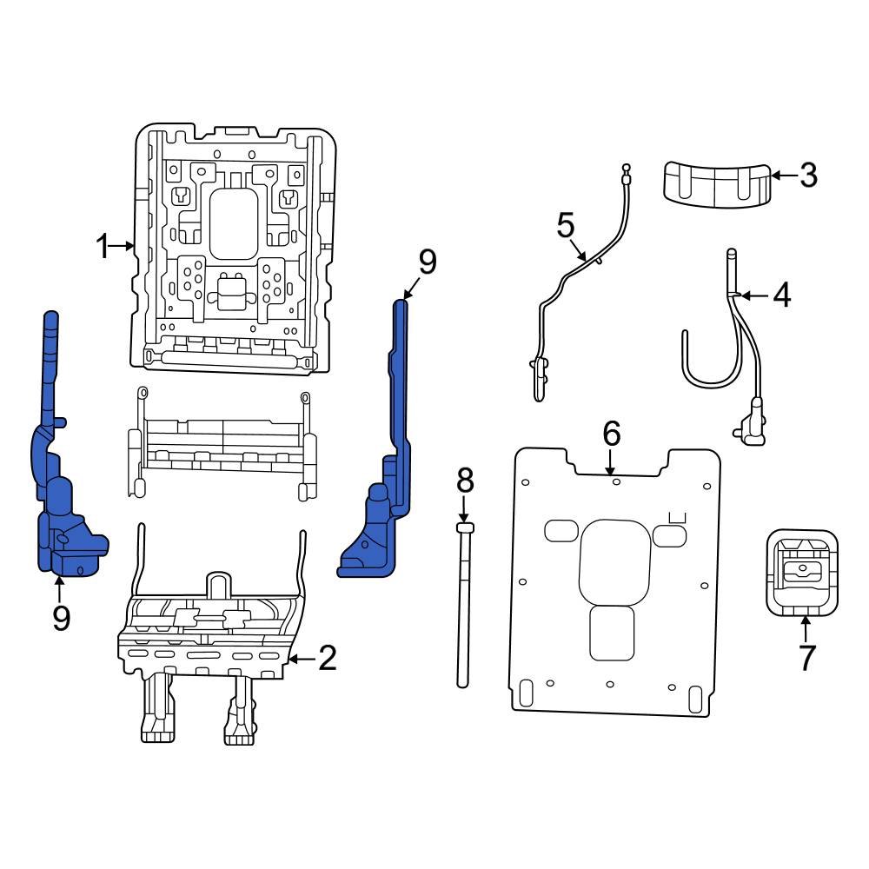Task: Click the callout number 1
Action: [103, 248]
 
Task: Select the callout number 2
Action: [327, 660]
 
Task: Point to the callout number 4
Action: [781, 296]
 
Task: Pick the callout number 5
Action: [566, 227]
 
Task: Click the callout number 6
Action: [611, 433]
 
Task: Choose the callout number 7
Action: [806, 657]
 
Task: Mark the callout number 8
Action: [465, 479]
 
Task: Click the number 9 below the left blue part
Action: [60, 618]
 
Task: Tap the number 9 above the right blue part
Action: [426, 262]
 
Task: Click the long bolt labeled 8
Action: [464, 608]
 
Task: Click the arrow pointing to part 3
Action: [783, 176]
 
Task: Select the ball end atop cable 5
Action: [625, 169]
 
